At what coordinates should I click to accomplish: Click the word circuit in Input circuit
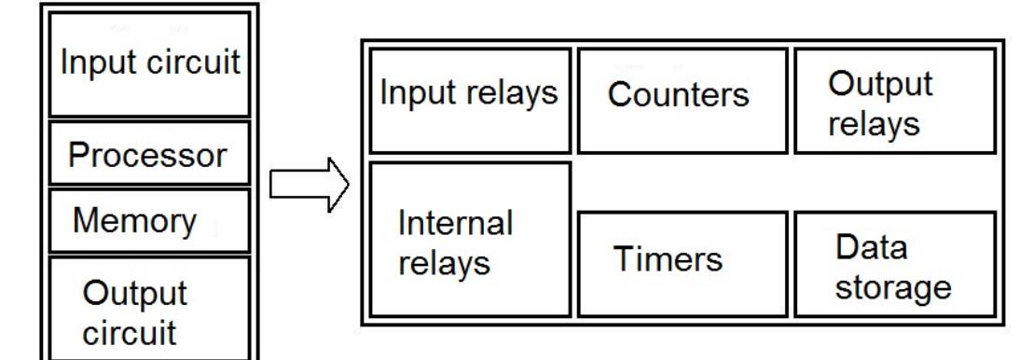(200, 64)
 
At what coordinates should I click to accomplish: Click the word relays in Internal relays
(444, 263)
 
